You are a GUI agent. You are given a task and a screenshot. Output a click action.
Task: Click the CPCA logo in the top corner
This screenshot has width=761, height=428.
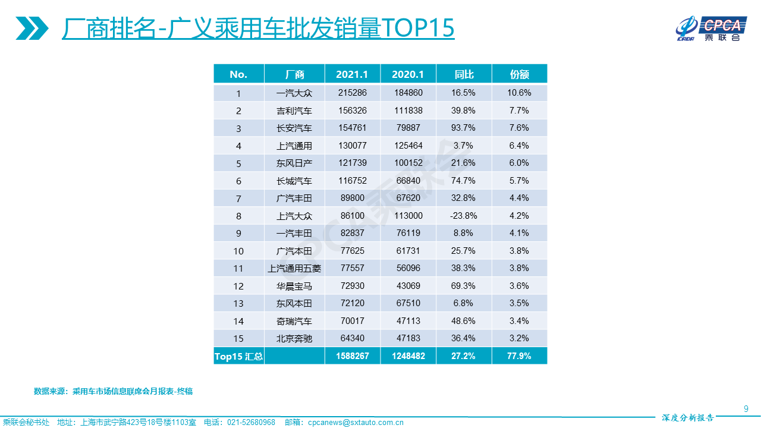[711, 29]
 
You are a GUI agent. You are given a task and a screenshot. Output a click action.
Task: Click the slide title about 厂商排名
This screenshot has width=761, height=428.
[258, 27]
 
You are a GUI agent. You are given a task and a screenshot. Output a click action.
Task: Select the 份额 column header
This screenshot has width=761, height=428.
[519, 74]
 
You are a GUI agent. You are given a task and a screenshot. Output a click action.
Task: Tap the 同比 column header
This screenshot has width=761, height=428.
[464, 74]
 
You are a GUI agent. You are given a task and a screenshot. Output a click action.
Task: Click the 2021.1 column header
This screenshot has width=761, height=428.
[352, 74]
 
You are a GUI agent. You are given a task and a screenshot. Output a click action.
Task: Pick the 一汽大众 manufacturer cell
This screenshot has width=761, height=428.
[294, 93]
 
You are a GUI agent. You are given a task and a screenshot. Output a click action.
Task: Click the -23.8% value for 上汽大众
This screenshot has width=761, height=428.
[464, 216]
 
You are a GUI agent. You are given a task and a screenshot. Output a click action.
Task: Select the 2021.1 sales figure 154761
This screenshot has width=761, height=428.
[352, 128]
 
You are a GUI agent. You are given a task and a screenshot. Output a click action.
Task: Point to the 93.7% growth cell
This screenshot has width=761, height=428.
[463, 128]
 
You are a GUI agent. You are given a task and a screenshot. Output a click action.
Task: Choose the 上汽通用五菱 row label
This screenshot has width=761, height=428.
[294, 269]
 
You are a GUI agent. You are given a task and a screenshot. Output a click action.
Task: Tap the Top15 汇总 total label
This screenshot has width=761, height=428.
[238, 357]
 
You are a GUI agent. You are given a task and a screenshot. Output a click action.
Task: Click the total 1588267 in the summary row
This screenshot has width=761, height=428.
[352, 357]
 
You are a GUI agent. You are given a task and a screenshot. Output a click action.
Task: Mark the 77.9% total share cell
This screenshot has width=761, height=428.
[519, 357]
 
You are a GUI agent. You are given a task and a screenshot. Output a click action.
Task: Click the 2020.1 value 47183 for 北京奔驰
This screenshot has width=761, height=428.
[408, 338]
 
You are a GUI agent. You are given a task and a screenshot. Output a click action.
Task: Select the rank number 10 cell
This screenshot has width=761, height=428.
[238, 251]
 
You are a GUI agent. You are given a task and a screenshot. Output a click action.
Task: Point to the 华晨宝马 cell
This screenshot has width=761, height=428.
[294, 286]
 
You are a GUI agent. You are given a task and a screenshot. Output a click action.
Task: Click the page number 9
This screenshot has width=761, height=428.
[746, 408]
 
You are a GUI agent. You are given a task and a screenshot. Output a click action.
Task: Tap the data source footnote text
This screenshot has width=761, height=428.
[113, 391]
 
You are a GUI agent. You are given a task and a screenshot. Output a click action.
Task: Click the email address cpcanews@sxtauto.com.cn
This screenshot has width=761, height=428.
[356, 423]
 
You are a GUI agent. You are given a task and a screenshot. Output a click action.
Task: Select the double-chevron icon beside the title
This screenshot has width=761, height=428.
[33, 28]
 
